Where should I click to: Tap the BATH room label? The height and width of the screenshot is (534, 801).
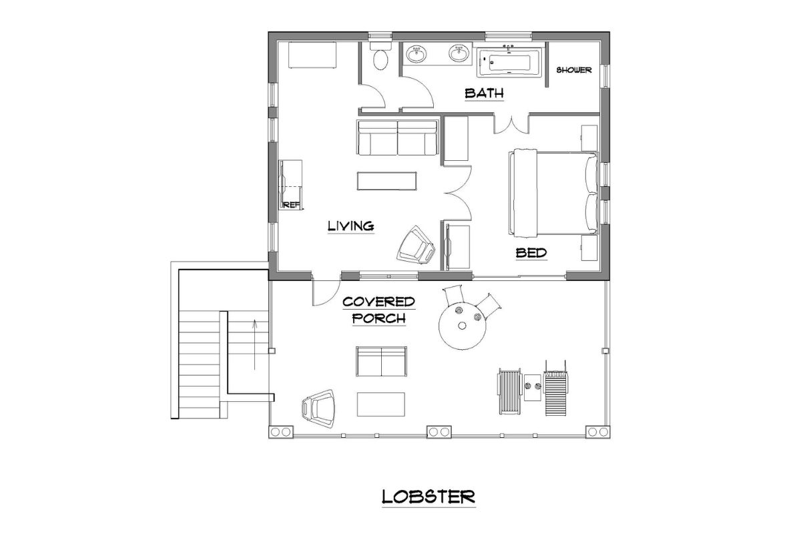(483, 93)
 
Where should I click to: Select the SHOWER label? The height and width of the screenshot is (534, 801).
(574, 70)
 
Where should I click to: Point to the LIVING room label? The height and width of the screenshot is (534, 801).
(350, 226)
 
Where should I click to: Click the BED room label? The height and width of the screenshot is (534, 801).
(531, 253)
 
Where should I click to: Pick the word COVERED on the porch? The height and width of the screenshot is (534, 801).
(378, 302)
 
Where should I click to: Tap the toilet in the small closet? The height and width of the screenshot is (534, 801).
(380, 58)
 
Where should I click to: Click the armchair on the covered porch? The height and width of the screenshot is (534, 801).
(319, 405)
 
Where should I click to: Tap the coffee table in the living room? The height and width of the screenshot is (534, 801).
(386, 181)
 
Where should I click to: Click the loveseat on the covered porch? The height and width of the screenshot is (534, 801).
(381, 362)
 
